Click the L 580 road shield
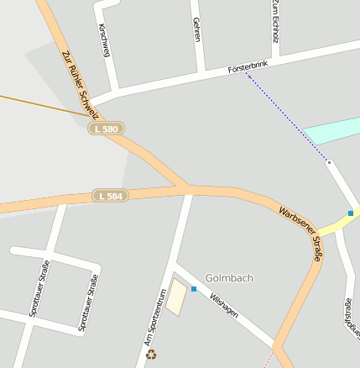(x=107, y=129)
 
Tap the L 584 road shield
(x=110, y=196)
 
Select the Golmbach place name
(x=228, y=277)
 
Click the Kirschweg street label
(x=104, y=40)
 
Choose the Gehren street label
(x=196, y=29)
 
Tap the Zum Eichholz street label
(x=274, y=22)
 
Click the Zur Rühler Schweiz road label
(x=80, y=81)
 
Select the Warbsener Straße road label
(x=300, y=235)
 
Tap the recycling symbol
(x=151, y=354)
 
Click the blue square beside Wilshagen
(x=194, y=289)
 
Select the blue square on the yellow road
(x=351, y=213)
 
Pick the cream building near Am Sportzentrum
(x=176, y=298)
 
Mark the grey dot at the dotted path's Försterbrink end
(x=248, y=76)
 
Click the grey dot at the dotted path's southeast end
(x=329, y=161)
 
